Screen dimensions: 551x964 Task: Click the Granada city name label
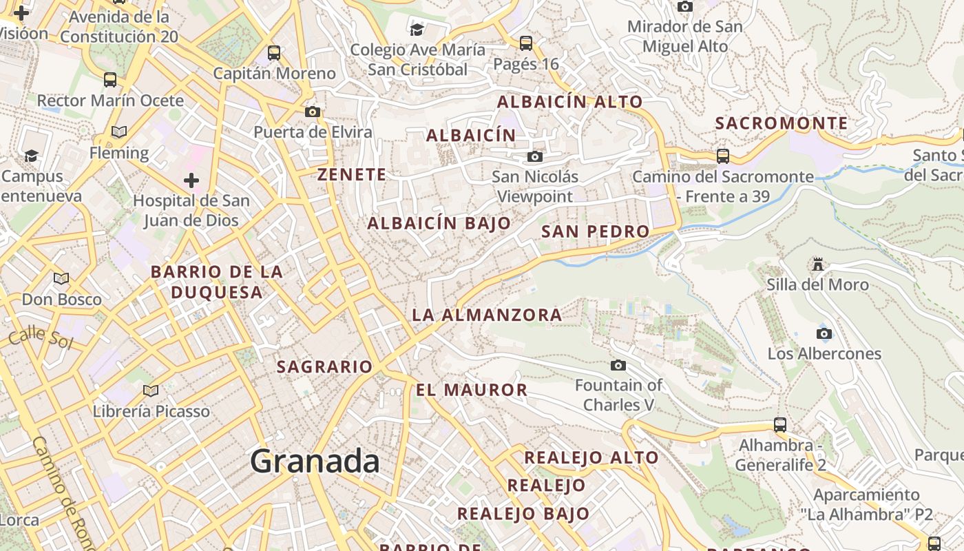point(315,461)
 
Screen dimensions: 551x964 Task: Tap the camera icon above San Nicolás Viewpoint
point(534,157)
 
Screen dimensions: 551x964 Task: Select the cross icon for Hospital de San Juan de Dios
point(191,180)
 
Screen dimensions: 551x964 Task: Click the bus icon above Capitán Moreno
point(273,52)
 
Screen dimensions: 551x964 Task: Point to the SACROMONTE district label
point(781,123)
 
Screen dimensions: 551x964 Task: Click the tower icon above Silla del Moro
point(817,264)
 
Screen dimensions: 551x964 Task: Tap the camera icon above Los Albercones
point(824,334)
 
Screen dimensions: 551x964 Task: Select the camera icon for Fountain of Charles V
point(618,365)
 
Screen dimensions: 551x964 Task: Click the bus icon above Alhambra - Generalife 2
point(779,425)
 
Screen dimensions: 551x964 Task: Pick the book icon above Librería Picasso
point(151,391)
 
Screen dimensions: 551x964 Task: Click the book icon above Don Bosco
point(61,278)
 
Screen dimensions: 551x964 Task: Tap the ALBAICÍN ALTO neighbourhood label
point(569,102)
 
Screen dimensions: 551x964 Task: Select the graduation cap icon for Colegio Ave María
point(417,29)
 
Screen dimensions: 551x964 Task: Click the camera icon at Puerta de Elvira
point(312,112)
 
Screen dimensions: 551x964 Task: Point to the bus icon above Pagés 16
point(525,43)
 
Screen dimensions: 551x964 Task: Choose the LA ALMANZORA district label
point(486,315)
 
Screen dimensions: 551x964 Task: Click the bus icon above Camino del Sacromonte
point(722,156)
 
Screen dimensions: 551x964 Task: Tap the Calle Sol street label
point(41,337)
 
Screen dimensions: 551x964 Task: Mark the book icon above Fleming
point(118,132)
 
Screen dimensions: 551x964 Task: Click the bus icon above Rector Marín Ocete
point(109,79)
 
